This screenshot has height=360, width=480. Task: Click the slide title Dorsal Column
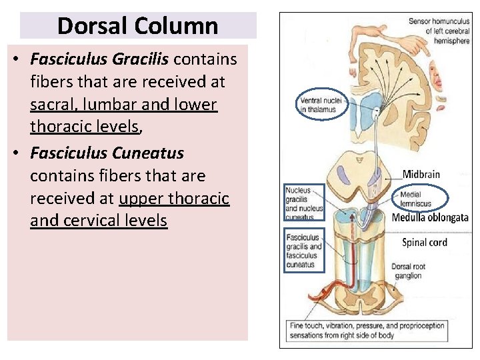(x=137, y=26)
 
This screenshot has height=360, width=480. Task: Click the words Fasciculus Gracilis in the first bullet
(x=100, y=59)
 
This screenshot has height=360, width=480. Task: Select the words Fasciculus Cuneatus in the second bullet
(x=107, y=153)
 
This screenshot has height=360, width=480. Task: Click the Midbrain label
(x=421, y=174)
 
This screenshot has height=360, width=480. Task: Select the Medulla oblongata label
(x=429, y=217)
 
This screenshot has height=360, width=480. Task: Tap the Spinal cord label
(x=424, y=242)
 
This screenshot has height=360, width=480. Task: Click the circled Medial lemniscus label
(x=417, y=199)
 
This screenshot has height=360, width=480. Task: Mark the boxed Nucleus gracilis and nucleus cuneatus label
(x=303, y=203)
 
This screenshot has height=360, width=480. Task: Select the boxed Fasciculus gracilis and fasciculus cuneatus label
(x=303, y=249)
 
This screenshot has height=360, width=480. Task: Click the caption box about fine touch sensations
(x=366, y=331)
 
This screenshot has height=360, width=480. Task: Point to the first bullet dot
(x=15, y=60)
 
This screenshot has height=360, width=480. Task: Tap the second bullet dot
(x=15, y=153)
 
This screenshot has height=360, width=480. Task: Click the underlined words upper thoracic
(x=174, y=198)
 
